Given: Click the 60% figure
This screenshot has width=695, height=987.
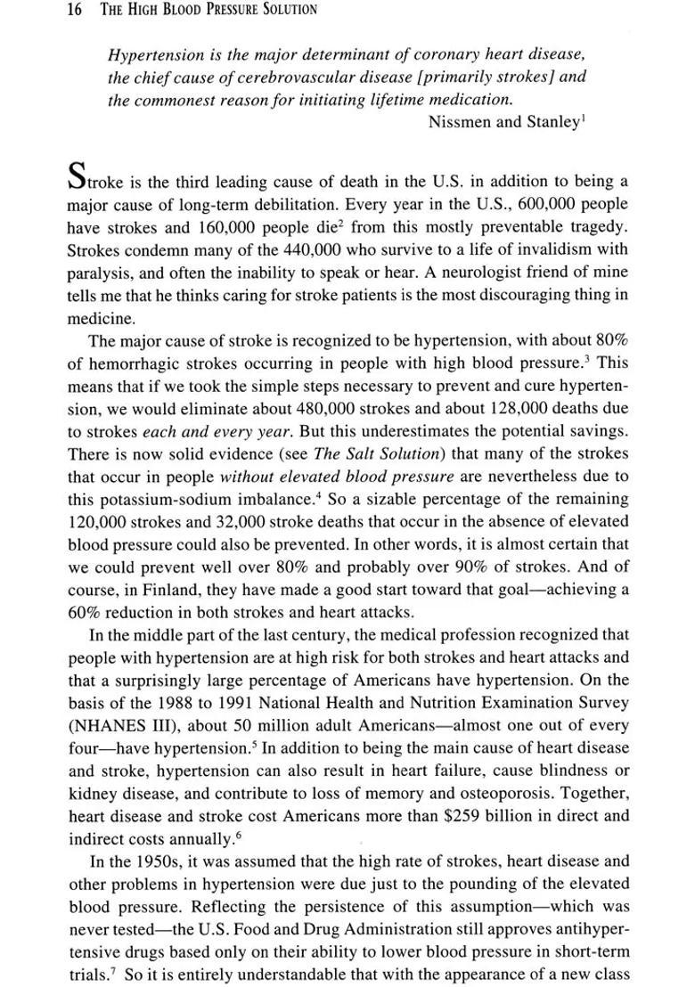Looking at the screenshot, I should tap(86, 612).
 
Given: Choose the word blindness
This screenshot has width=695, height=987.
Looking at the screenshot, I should tap(564, 770).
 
